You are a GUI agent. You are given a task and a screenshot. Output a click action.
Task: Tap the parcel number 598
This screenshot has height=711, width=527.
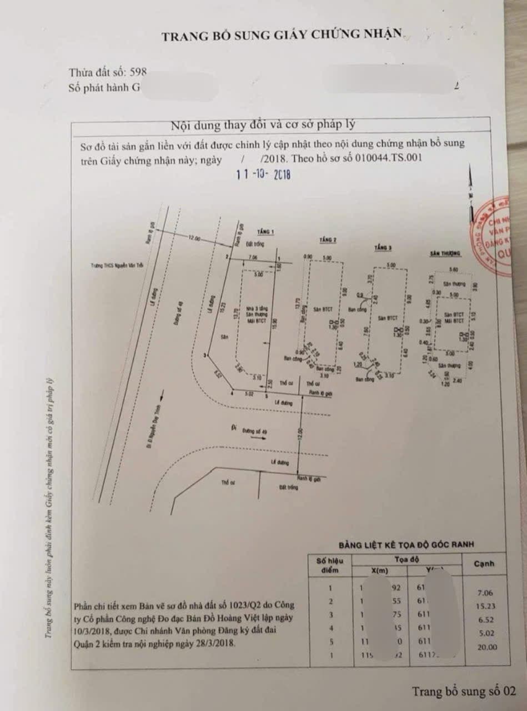click(138, 72)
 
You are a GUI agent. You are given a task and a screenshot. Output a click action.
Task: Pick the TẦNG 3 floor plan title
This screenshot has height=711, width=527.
click(383, 247)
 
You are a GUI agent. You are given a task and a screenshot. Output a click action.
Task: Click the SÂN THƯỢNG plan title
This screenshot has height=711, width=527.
click(445, 253)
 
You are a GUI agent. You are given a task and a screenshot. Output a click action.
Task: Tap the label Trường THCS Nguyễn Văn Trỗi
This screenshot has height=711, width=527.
click(117, 267)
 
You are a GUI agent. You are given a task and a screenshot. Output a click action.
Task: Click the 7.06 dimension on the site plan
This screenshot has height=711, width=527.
click(253, 257)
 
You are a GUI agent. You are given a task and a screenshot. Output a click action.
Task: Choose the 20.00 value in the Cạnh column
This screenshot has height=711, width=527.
click(485, 647)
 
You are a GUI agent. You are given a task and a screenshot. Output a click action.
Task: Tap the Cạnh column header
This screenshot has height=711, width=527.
click(484, 564)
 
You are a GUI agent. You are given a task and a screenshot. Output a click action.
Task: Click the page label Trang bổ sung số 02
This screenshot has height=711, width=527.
click(463, 692)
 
